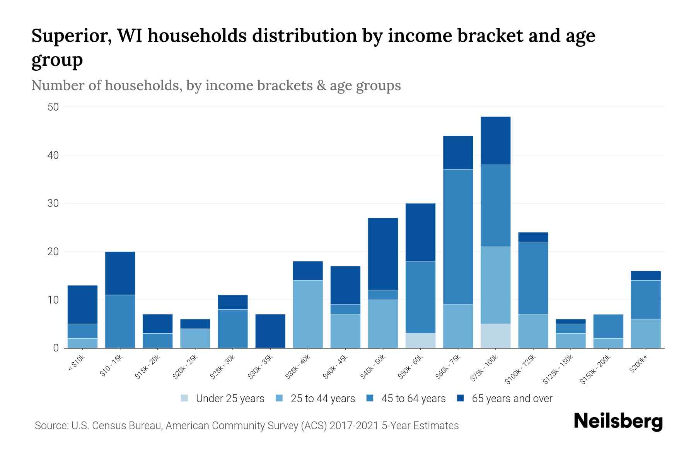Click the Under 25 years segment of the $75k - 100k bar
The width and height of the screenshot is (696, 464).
click(x=495, y=336)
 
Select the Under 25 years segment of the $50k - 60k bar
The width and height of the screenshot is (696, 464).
click(x=420, y=341)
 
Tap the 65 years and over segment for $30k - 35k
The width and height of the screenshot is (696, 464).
click(x=270, y=331)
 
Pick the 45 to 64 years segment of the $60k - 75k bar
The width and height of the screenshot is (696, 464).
click(x=458, y=237)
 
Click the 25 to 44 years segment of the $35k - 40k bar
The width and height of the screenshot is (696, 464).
click(x=308, y=314)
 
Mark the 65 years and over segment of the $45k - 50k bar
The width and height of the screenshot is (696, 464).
click(x=383, y=254)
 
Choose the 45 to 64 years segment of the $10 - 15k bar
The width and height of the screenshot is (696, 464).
click(x=120, y=321)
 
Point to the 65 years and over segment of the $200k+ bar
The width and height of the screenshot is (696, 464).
click(x=645, y=276)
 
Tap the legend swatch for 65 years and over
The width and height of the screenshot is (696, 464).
click(x=461, y=398)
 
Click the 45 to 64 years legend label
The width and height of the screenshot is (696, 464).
click(x=413, y=399)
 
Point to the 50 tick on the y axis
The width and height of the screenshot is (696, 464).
click(x=53, y=107)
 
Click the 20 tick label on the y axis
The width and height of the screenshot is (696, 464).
click(x=53, y=252)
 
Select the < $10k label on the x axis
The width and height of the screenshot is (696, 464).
click(x=77, y=363)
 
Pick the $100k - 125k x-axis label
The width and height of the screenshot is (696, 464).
click(x=520, y=370)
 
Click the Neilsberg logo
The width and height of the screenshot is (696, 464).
click(x=618, y=421)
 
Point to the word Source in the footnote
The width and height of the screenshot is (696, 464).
click(x=50, y=426)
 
